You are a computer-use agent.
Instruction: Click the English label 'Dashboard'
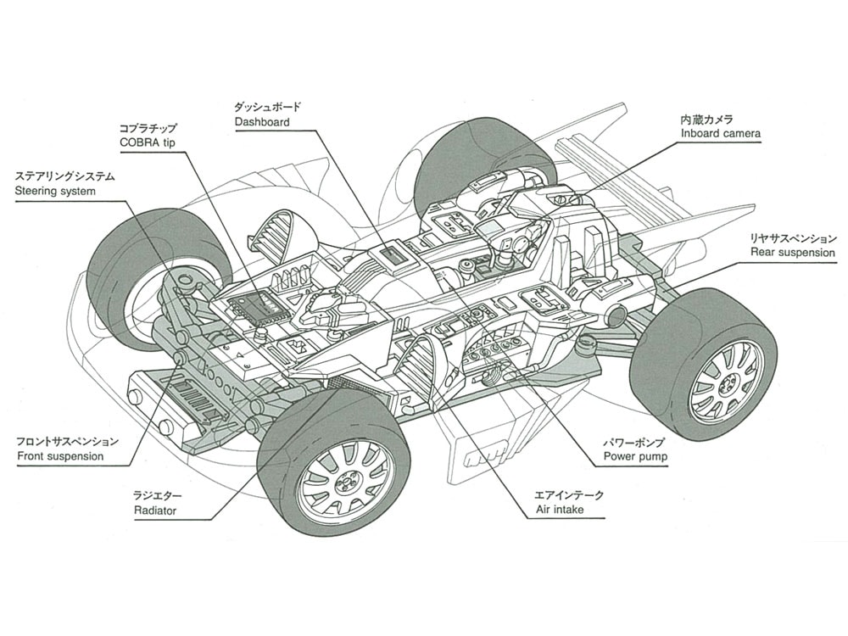[262, 122]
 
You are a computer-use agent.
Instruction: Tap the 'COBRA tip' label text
[147, 142]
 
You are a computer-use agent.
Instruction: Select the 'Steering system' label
[54, 191]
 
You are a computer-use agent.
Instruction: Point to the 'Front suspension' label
[60, 456]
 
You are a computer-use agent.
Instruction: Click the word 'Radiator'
[155, 510]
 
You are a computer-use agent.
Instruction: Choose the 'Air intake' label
[560, 510]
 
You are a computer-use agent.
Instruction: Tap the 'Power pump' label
[635, 456]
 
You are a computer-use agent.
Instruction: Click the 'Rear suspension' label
[793, 253]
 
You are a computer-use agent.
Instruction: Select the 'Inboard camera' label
[720, 133]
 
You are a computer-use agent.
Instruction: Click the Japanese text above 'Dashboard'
[267, 107]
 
